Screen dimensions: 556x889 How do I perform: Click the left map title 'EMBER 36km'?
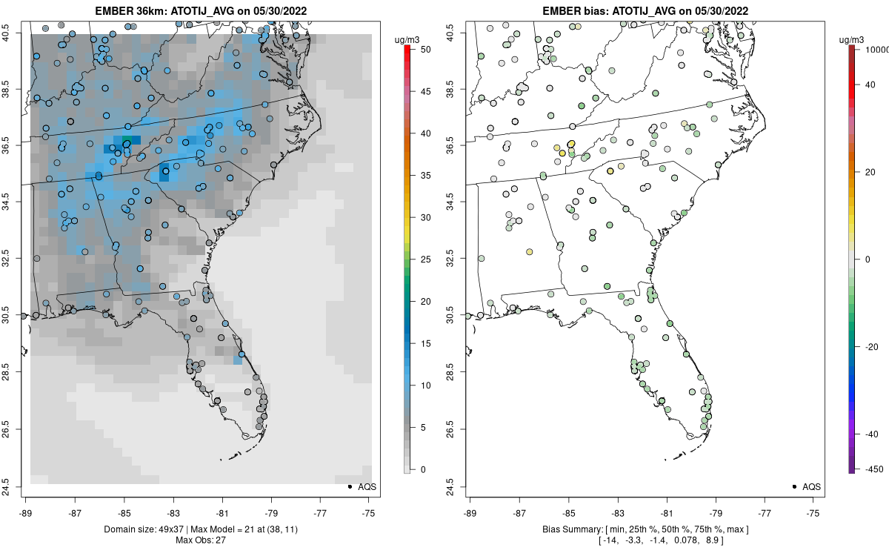[127, 11]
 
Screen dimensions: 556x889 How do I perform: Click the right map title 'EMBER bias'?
[575, 11]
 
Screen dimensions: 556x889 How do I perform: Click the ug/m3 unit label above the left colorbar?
[404, 39]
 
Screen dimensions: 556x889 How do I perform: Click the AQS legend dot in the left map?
[349, 487]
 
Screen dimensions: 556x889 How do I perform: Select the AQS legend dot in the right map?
[794, 487]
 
